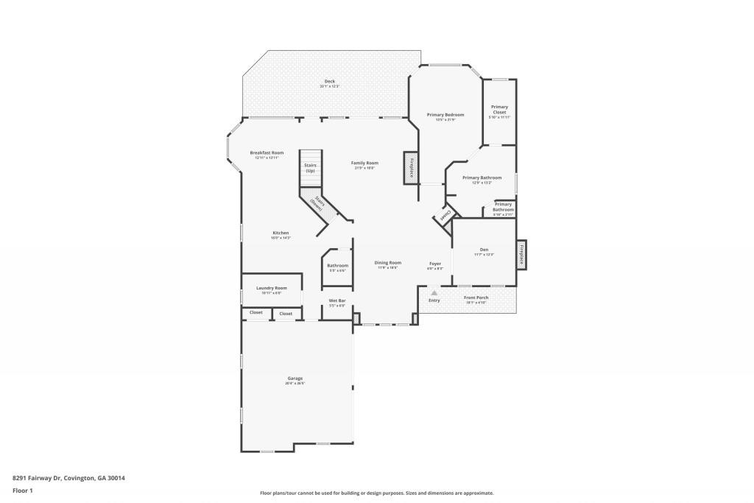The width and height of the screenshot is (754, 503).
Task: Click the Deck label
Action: click(x=329, y=82)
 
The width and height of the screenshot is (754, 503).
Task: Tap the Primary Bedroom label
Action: click(x=445, y=115)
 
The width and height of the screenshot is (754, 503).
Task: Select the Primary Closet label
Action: click(x=499, y=110)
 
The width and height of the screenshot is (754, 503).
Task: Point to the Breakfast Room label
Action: click(x=267, y=153)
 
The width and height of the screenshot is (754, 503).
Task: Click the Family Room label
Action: click(x=364, y=163)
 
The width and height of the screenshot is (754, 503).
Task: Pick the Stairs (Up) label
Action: click(x=310, y=168)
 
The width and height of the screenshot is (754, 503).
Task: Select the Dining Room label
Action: click(x=388, y=263)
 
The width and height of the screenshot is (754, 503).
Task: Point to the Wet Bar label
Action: click(x=337, y=300)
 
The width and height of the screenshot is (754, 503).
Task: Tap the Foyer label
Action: click(x=435, y=264)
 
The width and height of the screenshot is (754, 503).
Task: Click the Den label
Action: click(x=484, y=250)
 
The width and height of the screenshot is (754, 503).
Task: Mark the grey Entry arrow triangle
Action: click(x=434, y=292)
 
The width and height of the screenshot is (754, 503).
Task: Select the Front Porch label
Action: click(x=476, y=298)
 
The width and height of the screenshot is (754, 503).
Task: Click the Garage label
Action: click(x=295, y=379)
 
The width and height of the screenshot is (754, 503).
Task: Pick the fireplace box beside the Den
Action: click(x=521, y=254)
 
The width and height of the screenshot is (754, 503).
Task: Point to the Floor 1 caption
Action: click(x=23, y=490)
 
